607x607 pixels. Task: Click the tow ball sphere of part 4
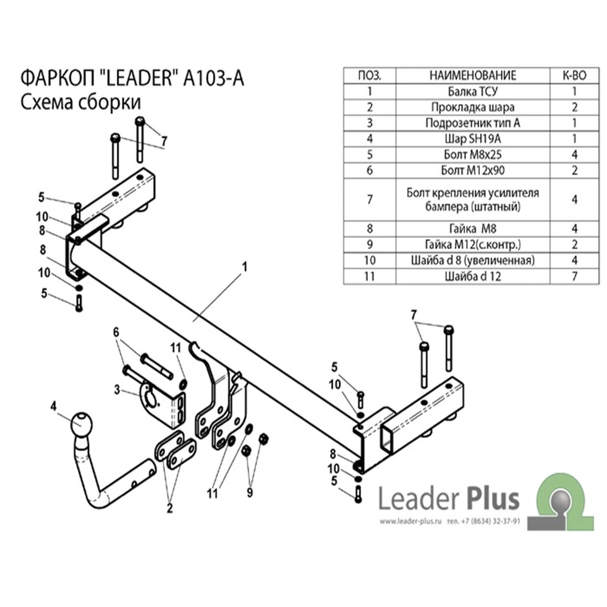point(82,424)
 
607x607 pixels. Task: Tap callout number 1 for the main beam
point(244,267)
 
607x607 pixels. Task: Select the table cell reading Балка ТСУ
point(473,92)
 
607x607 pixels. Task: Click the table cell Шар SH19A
point(473,138)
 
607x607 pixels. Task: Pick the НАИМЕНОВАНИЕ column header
point(473,75)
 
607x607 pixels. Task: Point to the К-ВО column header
point(575,75)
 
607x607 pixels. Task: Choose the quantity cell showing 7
point(575,276)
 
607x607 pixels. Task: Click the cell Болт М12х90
point(473,170)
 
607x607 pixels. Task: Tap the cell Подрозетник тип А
point(473,123)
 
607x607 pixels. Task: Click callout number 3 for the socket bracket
point(117,390)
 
